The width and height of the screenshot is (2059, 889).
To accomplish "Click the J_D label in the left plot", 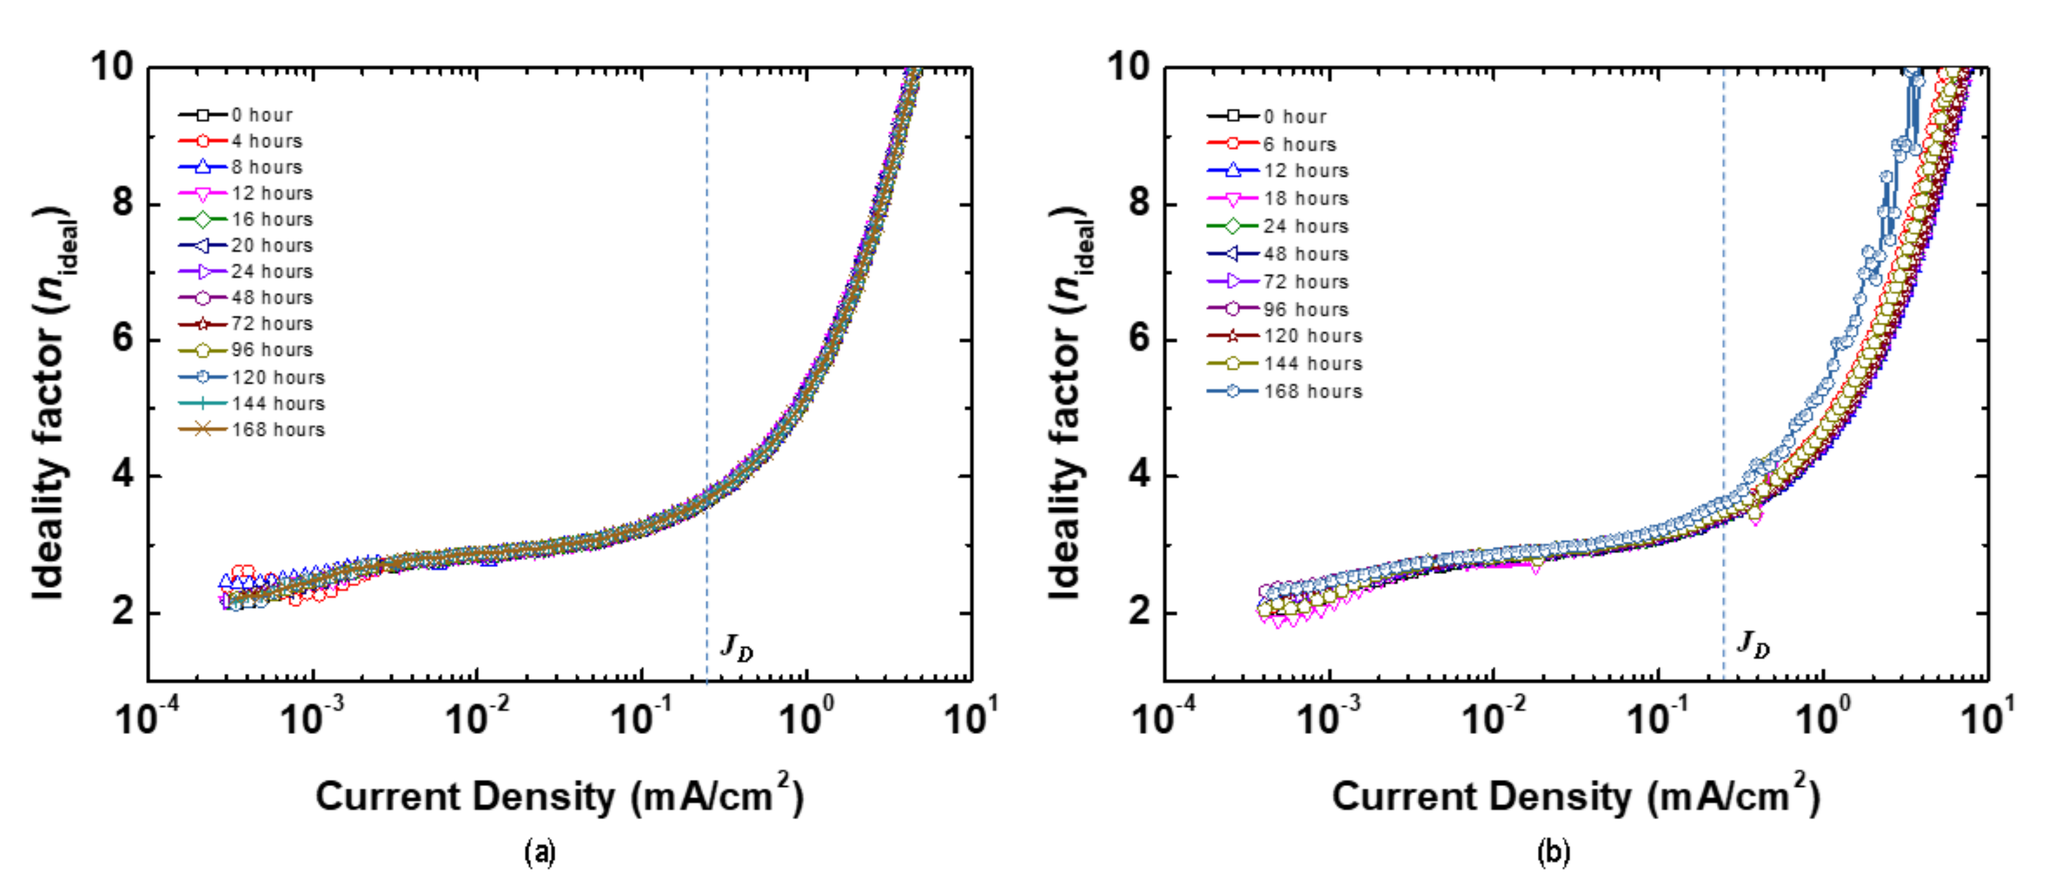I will tap(736, 646).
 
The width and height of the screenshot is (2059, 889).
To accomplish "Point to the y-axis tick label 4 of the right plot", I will tap(1140, 475).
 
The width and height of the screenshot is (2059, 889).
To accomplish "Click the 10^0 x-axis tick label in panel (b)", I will tap(1822, 716).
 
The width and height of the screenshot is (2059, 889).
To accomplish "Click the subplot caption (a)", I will tap(540, 852).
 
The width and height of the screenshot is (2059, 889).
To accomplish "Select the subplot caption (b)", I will tap(1553, 852).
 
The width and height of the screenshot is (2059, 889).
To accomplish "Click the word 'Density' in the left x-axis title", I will tap(543, 798).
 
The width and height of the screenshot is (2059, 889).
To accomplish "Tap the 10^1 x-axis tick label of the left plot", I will tap(970, 716).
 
